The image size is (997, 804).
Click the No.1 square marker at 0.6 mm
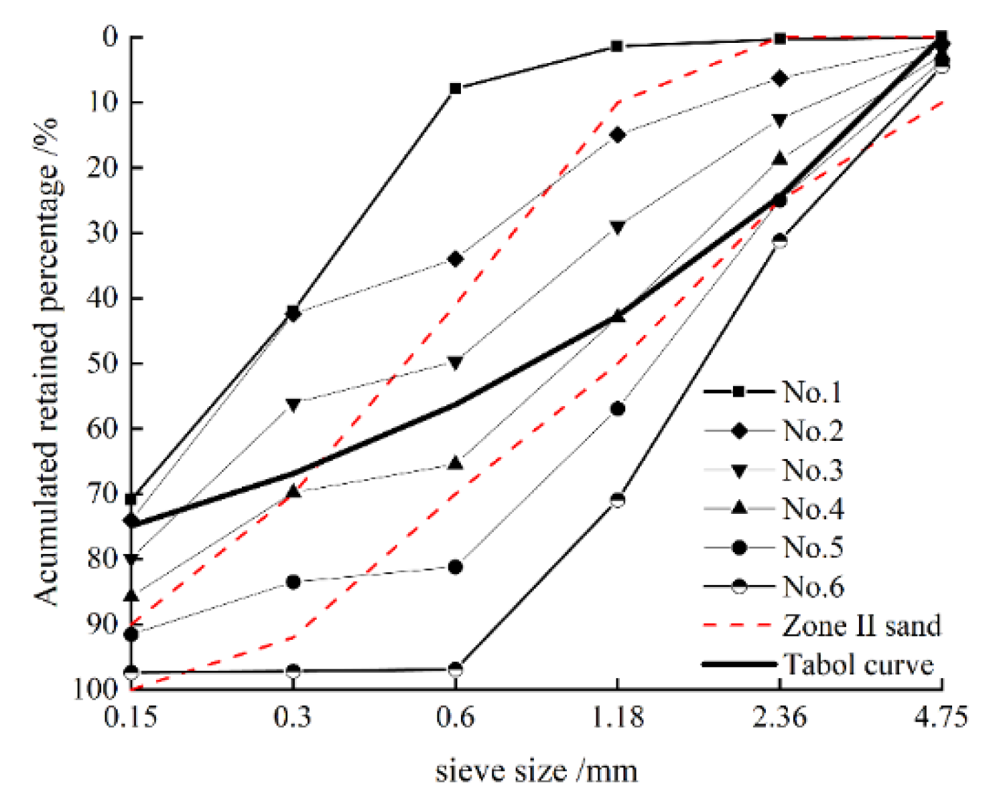pos(456,88)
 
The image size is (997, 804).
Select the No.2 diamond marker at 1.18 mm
pos(618,135)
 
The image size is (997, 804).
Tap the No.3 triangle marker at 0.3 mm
pos(293,404)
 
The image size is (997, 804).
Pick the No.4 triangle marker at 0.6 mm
pos(456,463)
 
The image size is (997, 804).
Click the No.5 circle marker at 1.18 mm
pos(618,409)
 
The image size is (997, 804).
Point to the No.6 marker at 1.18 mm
pos(618,500)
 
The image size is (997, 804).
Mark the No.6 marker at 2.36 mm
pos(780,241)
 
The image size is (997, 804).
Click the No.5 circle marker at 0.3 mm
pos(293,582)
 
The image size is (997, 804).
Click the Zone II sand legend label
pos(861,626)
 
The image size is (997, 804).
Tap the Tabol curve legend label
pos(858,665)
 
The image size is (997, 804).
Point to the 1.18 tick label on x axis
pos(618,718)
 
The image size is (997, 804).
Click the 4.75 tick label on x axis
pos(941,718)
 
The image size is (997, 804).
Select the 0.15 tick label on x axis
pos(131,718)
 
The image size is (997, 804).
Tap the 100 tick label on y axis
pos(96,689)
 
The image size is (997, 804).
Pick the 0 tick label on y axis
pos(111,37)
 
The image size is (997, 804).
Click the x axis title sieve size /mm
pos(536,771)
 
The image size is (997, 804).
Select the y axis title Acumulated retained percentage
pos(47,362)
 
